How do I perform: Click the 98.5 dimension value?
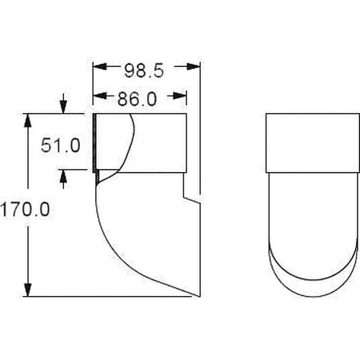tap(145, 70)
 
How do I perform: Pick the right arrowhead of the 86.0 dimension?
tap(181, 94)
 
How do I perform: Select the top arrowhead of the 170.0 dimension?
tap(30, 118)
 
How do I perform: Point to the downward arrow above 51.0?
tap(65, 107)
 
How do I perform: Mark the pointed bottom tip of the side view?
tap(197, 295)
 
